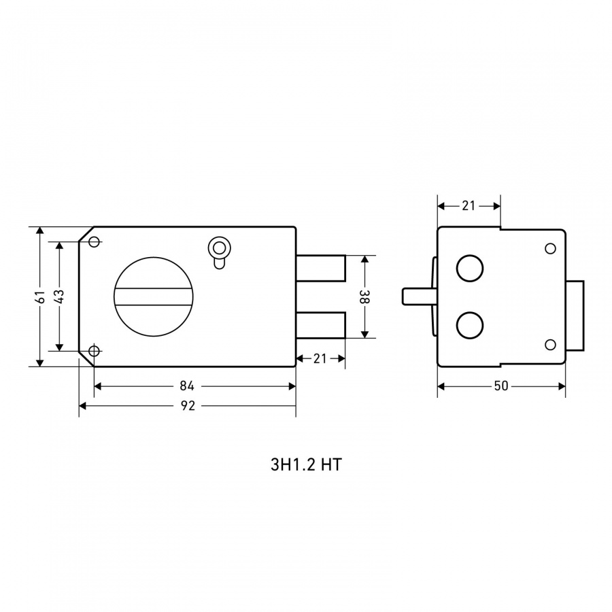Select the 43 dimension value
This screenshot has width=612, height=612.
click(x=61, y=296)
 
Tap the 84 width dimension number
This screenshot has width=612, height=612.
click(x=187, y=386)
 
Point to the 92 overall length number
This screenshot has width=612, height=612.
click(x=188, y=406)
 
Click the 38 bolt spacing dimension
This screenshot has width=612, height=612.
click(x=365, y=296)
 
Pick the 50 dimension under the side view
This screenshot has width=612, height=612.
click(x=501, y=386)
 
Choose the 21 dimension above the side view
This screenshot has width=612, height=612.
click(x=469, y=205)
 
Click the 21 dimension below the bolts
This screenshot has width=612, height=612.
click(x=320, y=358)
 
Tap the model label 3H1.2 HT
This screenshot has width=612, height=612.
click(x=306, y=465)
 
